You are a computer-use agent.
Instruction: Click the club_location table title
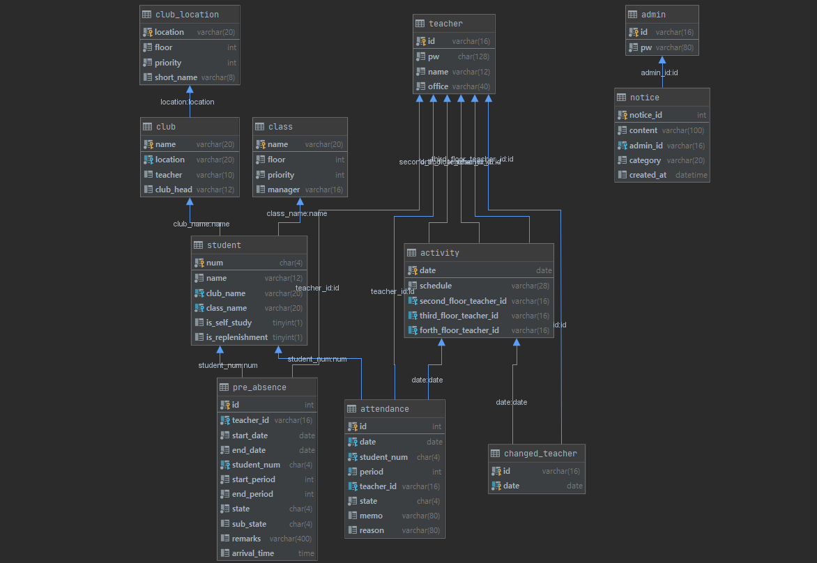pyautogui.click(x=187, y=14)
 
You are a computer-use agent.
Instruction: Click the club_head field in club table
pyautogui.click(x=174, y=190)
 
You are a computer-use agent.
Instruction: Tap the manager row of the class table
pyautogui.click(x=284, y=190)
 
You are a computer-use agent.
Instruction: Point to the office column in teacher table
pyautogui.click(x=438, y=86)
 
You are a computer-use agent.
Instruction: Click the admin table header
pyautogui.click(x=653, y=14)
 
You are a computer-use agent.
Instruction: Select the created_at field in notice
pyautogui.click(x=648, y=175)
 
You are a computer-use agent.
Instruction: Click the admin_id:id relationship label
pyautogui.click(x=659, y=72)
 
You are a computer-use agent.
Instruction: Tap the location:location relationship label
pyautogui.click(x=187, y=102)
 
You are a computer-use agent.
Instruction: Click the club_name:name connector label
pyautogui.click(x=201, y=224)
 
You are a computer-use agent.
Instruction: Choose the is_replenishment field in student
pyautogui.click(x=236, y=337)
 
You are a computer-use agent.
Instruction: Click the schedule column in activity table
pyautogui.click(x=436, y=286)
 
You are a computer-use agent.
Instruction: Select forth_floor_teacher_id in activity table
pyautogui.click(x=459, y=330)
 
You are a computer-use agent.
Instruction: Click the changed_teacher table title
pyautogui.click(x=540, y=454)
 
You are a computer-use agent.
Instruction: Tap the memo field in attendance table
pyautogui.click(x=371, y=516)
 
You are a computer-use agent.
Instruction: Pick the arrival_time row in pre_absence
pyautogui.click(x=253, y=553)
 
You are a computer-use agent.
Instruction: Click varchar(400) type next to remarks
pyautogui.click(x=291, y=539)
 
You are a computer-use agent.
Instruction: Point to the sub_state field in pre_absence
pyautogui.click(x=249, y=524)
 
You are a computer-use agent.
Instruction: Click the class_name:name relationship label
pyautogui.click(x=296, y=213)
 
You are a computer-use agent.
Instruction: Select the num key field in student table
pyautogui.click(x=215, y=263)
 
